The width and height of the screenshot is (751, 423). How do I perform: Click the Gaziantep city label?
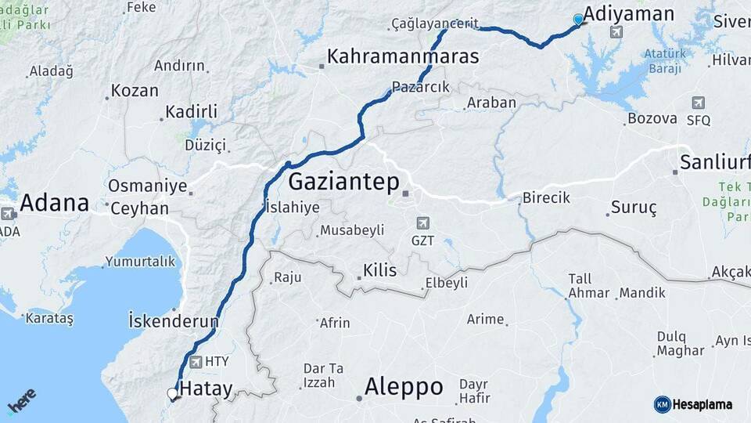(x=343, y=183)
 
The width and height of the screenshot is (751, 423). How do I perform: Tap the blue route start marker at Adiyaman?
(x=578, y=20)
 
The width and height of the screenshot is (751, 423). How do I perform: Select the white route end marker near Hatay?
(x=172, y=394)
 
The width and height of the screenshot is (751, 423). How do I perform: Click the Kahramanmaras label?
(x=403, y=56)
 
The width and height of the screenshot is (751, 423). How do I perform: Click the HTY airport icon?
(x=195, y=362)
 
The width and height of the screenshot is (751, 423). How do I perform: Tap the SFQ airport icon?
(x=698, y=103)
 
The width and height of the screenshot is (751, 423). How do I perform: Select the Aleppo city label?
(x=404, y=387)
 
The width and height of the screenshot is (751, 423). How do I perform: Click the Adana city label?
(x=54, y=203)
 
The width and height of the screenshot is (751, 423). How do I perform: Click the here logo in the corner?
(x=21, y=401)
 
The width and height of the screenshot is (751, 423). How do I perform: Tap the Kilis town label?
(x=379, y=271)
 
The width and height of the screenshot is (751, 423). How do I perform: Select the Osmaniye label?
(x=148, y=186)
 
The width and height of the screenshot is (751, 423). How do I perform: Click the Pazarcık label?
(x=422, y=88)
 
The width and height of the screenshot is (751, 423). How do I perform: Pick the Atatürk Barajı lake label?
(x=665, y=61)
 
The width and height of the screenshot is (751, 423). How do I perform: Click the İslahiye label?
(x=293, y=208)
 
